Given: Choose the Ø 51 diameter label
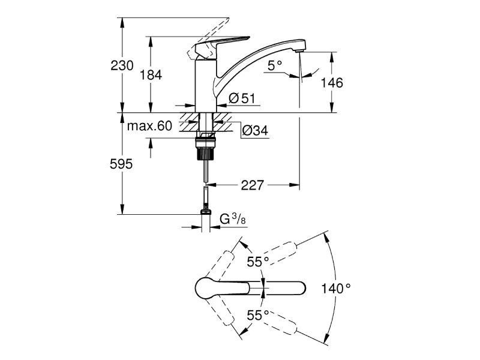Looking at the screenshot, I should coord(242,98).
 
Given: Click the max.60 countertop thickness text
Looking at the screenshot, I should coord(149,126).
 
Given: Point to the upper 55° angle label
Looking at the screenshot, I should coord(258,262).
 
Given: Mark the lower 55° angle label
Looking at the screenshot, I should coord(258,314).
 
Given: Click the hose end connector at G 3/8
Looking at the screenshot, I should coord(206,211).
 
